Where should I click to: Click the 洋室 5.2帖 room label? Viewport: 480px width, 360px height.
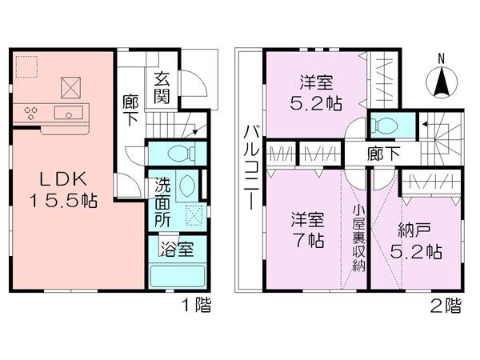pos(316,92)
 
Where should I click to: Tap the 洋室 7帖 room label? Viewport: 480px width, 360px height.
pos(306,229)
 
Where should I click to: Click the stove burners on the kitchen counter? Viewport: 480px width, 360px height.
pos(33,113)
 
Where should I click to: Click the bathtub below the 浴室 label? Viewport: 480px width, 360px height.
pos(178,276)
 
